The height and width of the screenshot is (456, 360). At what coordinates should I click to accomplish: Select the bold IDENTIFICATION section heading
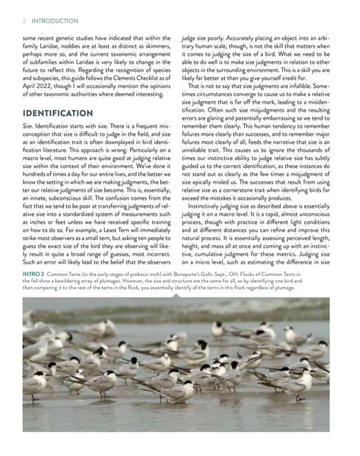(x=57, y=115)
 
